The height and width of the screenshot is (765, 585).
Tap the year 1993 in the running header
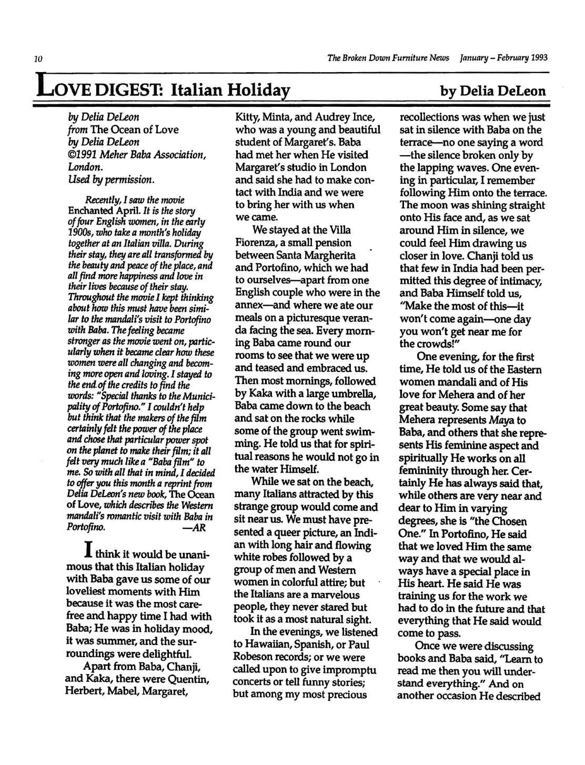(x=534, y=57)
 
